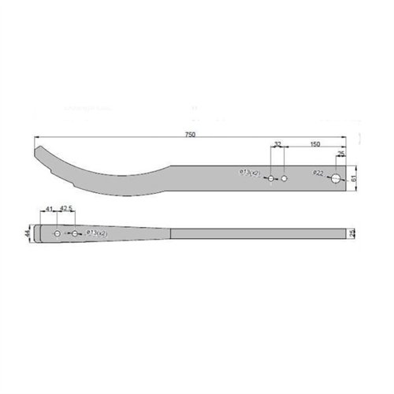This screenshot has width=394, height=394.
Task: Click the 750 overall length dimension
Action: pos(190,136)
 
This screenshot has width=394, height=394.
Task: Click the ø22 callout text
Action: pos(318,173)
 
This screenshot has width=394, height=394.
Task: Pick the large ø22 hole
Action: pos(337,179)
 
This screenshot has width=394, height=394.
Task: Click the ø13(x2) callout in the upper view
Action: pos(249,173)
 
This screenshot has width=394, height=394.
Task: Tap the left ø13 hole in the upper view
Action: pos(270,179)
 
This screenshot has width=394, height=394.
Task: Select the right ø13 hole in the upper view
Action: pos(284,179)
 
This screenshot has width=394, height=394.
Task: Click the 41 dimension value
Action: pos(49,208)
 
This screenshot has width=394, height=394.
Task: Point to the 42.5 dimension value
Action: pos(66,208)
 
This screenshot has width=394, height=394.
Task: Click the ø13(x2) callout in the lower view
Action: pos(96,234)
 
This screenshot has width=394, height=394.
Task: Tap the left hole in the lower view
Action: pos(58,234)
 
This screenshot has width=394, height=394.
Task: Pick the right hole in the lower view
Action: pos(73,234)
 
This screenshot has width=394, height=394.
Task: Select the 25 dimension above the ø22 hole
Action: pos(340,154)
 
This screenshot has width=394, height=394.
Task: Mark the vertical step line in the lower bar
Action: pos(171,234)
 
